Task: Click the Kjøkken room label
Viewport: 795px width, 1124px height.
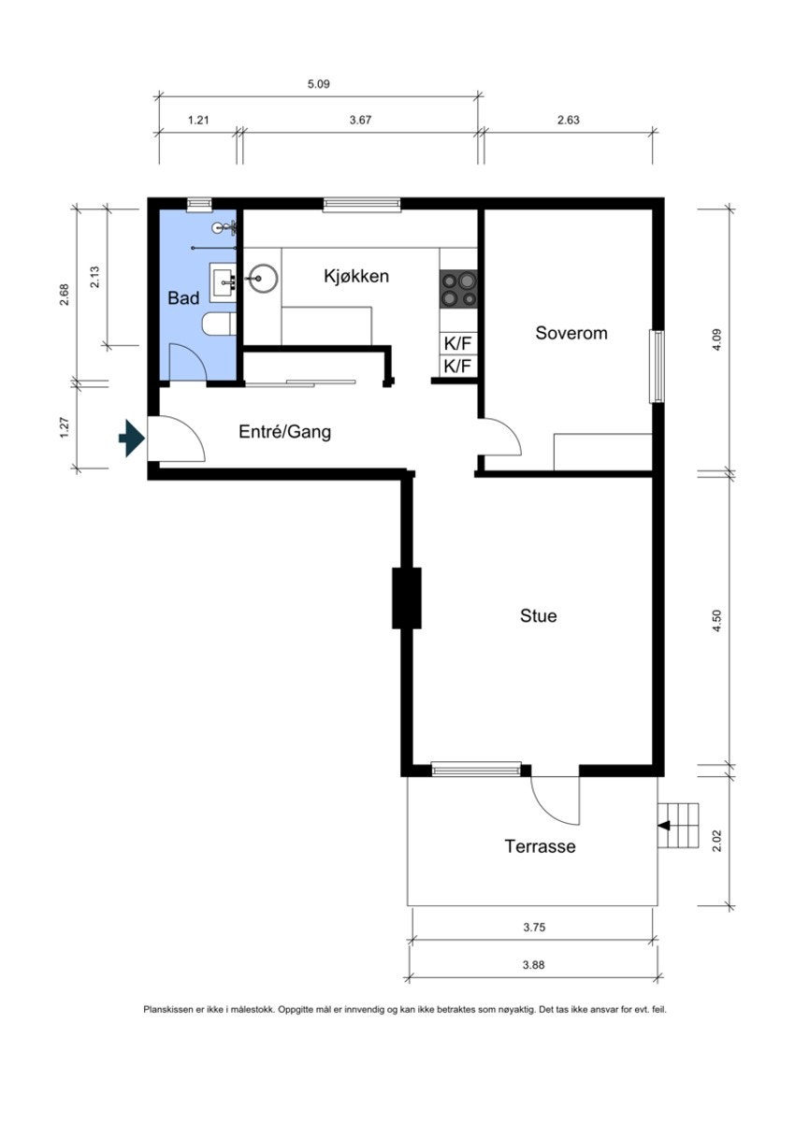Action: point(355,276)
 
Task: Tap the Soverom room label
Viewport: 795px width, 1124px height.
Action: point(571,333)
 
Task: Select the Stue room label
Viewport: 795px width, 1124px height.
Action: point(538,615)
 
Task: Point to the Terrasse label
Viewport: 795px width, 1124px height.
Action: point(540,846)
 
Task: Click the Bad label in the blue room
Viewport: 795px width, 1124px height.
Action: point(183,298)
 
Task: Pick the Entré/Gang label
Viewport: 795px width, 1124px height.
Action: point(284,432)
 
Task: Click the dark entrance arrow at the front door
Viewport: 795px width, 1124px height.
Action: point(132,438)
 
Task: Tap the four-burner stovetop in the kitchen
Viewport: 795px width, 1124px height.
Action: point(458,290)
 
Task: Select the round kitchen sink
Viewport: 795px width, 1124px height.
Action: point(263,278)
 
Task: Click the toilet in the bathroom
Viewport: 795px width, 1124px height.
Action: point(219,323)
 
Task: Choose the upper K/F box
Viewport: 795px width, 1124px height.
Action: point(458,344)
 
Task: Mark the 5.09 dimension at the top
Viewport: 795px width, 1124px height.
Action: point(319,84)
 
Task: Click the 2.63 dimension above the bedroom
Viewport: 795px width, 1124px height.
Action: point(568,120)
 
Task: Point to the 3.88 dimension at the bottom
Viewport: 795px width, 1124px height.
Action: point(533,964)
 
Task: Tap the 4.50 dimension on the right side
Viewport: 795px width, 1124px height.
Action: point(716,621)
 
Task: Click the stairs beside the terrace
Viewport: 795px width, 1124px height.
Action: point(677,826)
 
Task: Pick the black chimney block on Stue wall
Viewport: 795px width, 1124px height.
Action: point(406,598)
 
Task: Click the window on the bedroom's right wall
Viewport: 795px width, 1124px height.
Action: point(657,366)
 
